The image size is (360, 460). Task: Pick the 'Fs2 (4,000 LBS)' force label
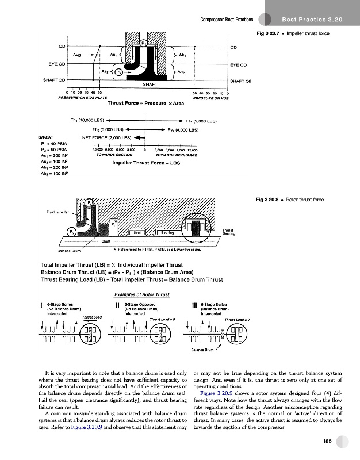190,130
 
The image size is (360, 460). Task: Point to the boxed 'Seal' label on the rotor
136,233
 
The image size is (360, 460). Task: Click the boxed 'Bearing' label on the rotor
167,233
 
